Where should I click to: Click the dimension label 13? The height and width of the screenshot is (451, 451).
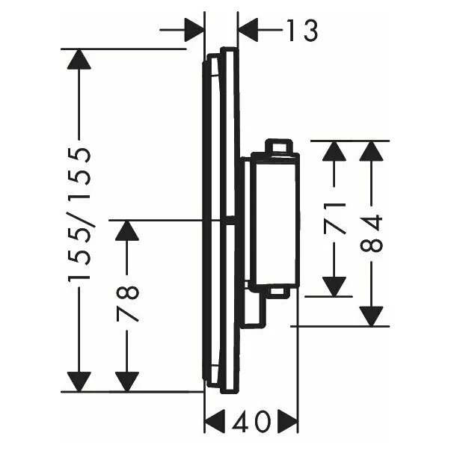[x=301, y=31]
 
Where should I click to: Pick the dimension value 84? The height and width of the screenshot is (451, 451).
[x=372, y=233]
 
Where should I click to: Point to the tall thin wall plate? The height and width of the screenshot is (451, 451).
[x=221, y=217]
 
